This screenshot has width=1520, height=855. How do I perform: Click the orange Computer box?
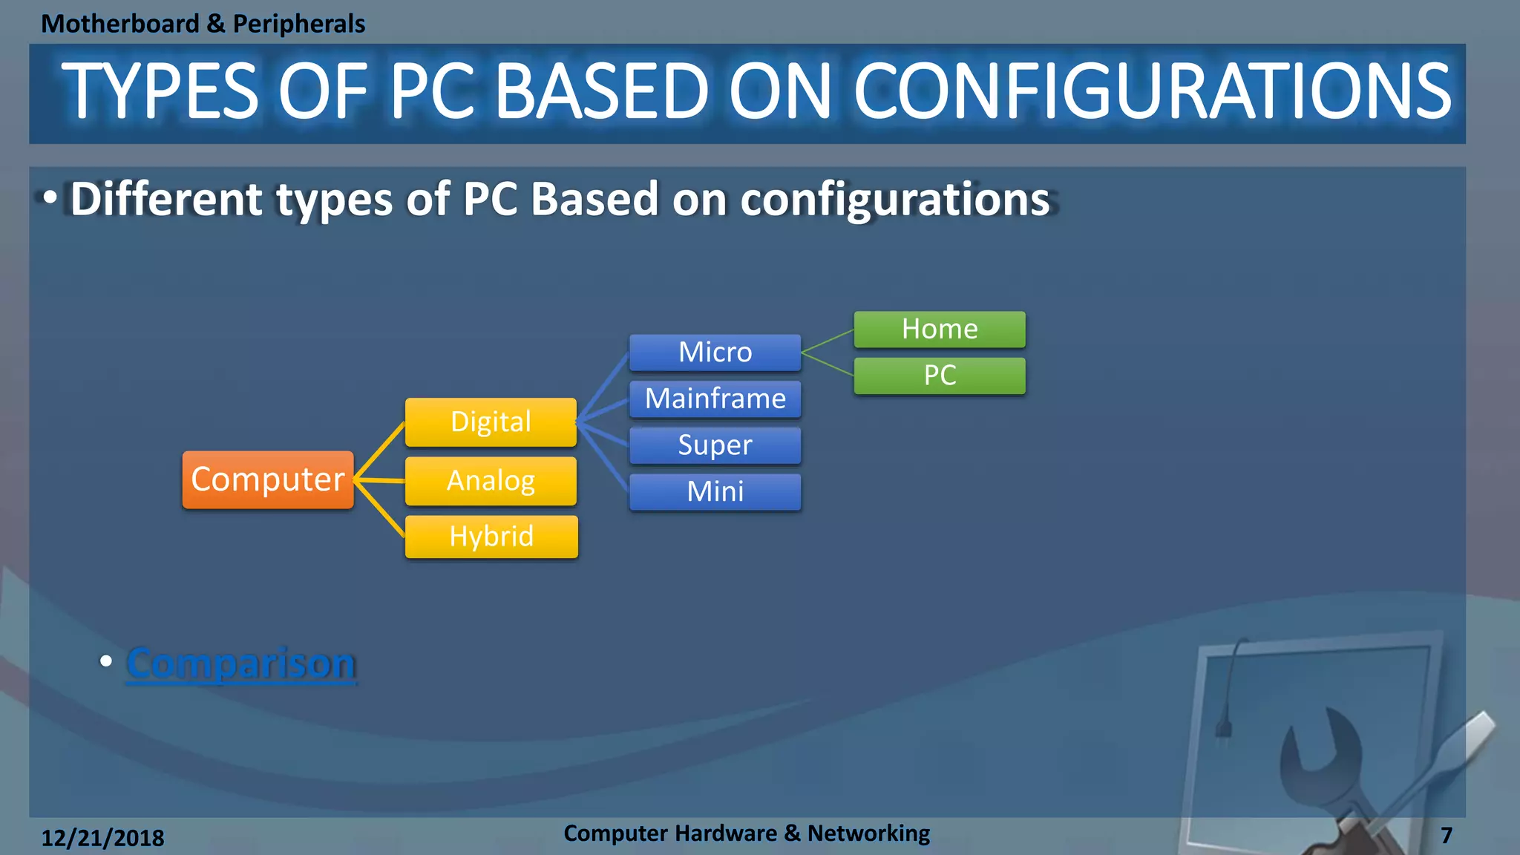click(x=268, y=479)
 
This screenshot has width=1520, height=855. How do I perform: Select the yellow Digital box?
click(x=491, y=422)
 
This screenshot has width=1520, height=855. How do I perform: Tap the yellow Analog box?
click(x=491, y=481)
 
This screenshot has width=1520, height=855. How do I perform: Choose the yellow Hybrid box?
click(x=491, y=537)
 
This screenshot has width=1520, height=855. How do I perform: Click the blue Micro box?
click(x=715, y=353)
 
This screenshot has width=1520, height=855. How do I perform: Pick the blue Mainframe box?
click(x=715, y=399)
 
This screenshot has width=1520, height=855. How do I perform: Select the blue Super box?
click(x=715, y=445)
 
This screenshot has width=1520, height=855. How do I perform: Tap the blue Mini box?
click(x=715, y=492)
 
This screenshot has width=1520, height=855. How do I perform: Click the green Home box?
click(x=940, y=330)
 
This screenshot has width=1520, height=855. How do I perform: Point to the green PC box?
click(x=940, y=376)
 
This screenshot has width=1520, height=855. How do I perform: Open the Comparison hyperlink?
click(x=240, y=663)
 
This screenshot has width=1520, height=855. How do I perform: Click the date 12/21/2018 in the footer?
click(x=102, y=838)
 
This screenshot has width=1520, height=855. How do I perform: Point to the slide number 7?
click(x=1447, y=836)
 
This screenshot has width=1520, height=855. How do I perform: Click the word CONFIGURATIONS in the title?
click(x=1152, y=91)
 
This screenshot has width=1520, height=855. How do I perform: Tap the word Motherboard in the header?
click(x=120, y=24)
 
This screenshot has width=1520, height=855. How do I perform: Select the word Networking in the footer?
click(x=868, y=833)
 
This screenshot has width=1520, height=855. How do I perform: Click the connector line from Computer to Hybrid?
click(x=379, y=508)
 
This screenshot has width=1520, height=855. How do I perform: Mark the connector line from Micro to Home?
click(x=828, y=341)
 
